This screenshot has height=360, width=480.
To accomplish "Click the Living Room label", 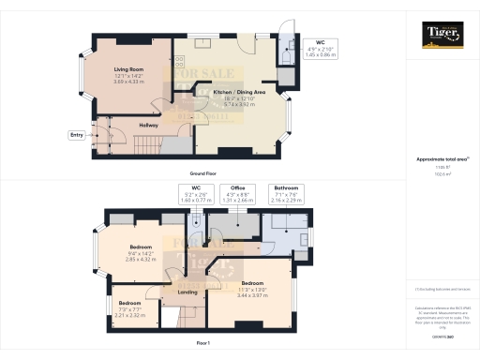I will click(x=127, y=70).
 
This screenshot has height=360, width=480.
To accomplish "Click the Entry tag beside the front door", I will click(x=76, y=135).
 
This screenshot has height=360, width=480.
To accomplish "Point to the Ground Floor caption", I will click(x=203, y=174).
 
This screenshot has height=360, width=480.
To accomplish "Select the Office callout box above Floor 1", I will click(x=239, y=193).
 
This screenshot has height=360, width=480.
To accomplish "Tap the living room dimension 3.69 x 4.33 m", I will click(x=127, y=82).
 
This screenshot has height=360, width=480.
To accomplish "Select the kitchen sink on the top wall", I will click(x=212, y=43).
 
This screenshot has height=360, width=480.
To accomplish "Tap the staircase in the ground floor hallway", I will click(x=147, y=143).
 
